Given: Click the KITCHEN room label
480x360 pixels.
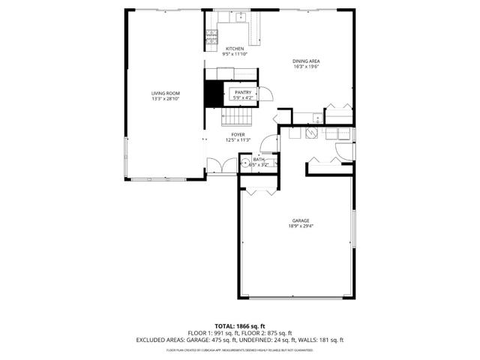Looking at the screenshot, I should click(235, 49).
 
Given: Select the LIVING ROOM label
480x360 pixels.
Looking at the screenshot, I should click(166, 93).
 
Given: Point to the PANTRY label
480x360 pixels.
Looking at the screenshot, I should click(243, 92).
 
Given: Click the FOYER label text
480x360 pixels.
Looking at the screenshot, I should click(238, 134).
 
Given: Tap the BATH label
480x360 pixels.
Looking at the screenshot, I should click(259, 159).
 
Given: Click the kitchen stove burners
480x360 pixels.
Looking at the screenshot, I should click(211, 34).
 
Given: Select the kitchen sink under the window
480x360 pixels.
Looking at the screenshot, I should click(241, 18).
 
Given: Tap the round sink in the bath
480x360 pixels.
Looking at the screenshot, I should click(245, 163).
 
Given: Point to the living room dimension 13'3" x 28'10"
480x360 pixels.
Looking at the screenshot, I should click(166, 99).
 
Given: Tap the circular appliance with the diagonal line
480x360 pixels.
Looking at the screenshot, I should click(311, 133).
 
